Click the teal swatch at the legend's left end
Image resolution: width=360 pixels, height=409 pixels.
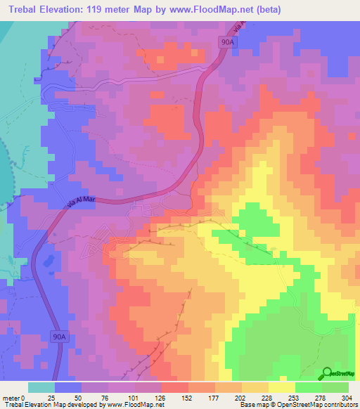[x=41, y=387]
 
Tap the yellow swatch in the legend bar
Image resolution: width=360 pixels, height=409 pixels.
[x=281, y=387]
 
